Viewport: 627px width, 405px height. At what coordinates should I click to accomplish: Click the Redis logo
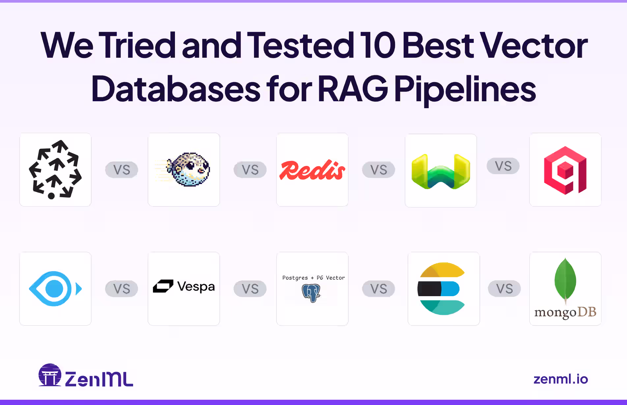coord(312,170)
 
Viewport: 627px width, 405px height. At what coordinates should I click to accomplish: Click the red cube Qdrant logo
coord(565,170)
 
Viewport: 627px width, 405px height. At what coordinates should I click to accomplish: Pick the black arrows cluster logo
coord(55,170)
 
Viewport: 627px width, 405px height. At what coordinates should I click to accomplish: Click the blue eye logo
coord(55,289)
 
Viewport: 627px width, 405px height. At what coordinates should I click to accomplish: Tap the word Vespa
coord(196,287)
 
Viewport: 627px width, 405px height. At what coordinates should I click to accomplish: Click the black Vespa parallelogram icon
coord(163,286)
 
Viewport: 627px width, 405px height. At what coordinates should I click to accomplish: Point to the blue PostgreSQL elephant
coord(311,293)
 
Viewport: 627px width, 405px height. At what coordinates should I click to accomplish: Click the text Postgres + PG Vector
coord(313,278)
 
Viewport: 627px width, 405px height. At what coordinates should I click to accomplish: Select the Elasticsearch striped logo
coord(442,289)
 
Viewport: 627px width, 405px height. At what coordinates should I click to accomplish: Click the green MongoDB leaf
coord(565,280)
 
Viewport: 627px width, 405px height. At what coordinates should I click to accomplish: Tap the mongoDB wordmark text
coord(565,312)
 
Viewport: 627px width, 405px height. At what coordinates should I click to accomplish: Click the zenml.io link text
coord(560,379)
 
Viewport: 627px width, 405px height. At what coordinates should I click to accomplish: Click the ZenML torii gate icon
coord(50,375)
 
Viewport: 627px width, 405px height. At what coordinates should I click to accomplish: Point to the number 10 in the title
coord(378,46)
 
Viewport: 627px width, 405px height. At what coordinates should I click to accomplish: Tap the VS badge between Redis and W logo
coord(378,170)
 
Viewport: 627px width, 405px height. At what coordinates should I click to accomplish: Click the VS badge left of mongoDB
coord(504,289)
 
